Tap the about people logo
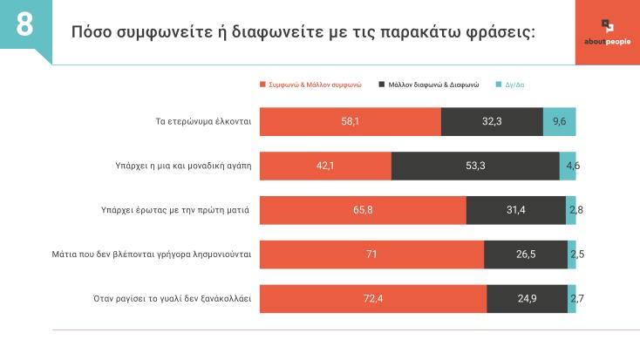coord(607,32)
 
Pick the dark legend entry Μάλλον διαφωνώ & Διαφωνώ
coord(429,85)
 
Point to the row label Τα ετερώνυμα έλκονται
coord(197,121)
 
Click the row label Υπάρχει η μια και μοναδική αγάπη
coord(177,166)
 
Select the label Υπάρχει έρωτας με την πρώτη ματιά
coord(176,210)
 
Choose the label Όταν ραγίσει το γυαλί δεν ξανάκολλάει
coord(172,299)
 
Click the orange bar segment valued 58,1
coord(351,121)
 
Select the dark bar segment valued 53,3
coord(475,166)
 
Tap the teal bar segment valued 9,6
coord(559,121)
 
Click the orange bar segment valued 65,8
coord(363,210)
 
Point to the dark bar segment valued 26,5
coord(525,255)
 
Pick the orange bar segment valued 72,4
coord(373,299)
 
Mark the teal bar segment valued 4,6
coord(568,166)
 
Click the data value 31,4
coord(516,210)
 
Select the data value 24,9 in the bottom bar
coord(527,299)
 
